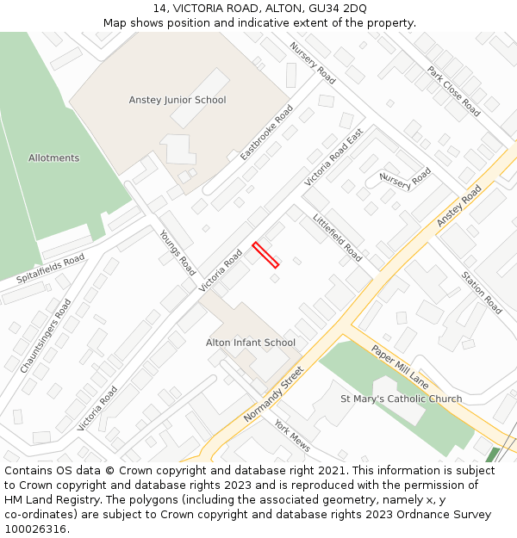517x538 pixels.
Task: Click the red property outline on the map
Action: pos(265,255)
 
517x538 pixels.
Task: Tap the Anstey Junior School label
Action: pos(178,100)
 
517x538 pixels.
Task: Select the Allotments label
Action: pos(53,158)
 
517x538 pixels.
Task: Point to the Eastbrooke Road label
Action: pos(266,133)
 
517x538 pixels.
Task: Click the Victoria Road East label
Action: pos(333,158)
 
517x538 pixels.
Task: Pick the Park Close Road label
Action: pos(453,90)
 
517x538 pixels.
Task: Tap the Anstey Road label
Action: pos(459,207)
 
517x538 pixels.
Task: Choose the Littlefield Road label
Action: pos(337,238)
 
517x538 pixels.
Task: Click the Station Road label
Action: pos(482,293)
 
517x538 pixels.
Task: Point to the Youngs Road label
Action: pos(177,252)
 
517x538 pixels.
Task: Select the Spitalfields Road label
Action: pos(51,269)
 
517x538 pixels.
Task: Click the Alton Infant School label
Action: pos(251,343)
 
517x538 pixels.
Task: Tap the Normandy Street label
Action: pos(274,393)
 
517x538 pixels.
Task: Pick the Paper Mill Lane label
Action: pos(400,367)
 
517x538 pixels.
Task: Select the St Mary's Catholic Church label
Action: pos(401,399)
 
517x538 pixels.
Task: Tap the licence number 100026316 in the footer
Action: pos(34,529)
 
